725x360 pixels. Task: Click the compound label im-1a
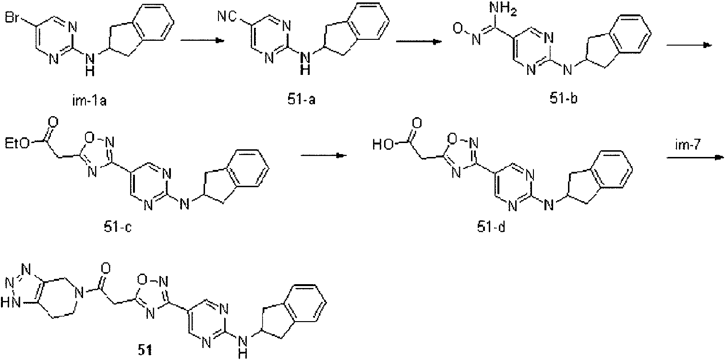[x=89, y=101]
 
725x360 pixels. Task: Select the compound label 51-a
[x=302, y=99]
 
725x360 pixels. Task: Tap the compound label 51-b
[x=563, y=98]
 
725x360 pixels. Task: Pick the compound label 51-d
[x=491, y=227]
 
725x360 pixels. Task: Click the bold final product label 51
[x=145, y=350]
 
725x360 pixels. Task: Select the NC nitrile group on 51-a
[x=227, y=16]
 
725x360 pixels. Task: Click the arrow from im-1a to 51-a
[x=202, y=40]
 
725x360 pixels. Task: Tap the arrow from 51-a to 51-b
[x=419, y=42]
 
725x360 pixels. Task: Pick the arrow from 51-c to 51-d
[x=324, y=156]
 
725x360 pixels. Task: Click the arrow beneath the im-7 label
[x=695, y=157]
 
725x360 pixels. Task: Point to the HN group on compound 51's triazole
[x=11, y=302]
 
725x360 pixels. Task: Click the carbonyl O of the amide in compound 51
[x=106, y=268]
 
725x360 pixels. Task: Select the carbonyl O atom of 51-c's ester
[x=53, y=122]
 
